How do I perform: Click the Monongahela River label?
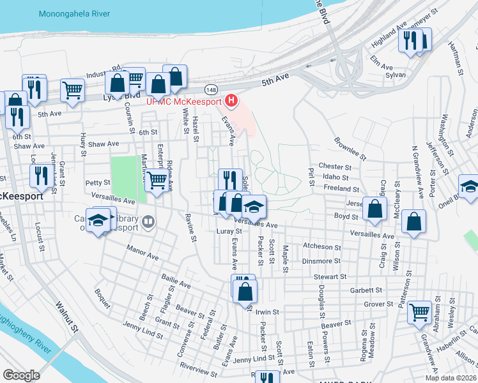(73, 13)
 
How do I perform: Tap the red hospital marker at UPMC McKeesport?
(231, 101)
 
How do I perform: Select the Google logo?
(22, 375)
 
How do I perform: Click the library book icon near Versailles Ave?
(148, 222)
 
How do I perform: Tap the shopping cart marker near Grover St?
(420, 312)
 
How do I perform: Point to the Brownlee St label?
(350, 148)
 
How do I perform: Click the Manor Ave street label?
(143, 253)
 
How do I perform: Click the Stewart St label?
(330, 277)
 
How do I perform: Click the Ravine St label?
(190, 228)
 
